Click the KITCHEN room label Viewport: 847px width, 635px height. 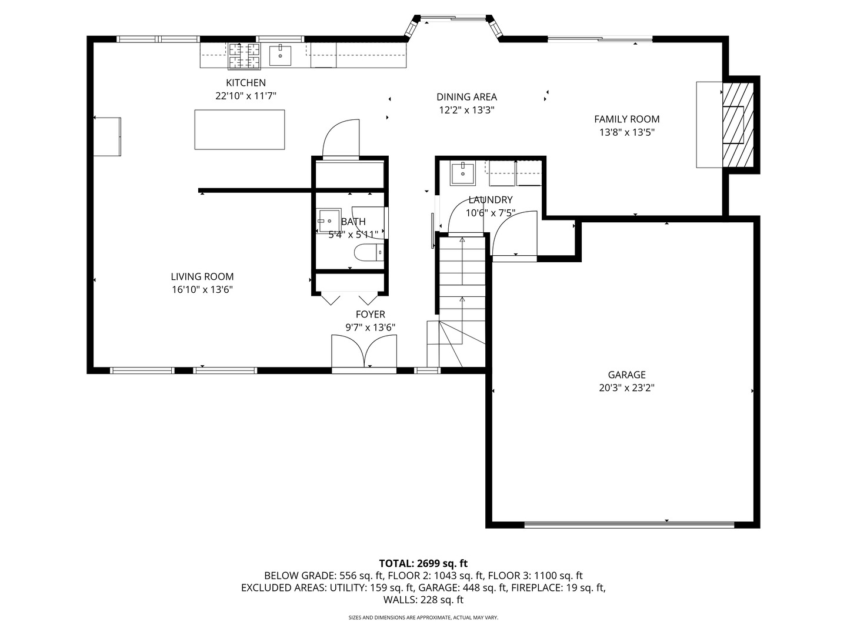[x=246, y=83]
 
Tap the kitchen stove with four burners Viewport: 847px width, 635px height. [x=244, y=56]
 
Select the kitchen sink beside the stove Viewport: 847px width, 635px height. [x=280, y=55]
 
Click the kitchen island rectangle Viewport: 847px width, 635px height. [x=239, y=129]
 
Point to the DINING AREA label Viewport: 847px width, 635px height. [x=466, y=97]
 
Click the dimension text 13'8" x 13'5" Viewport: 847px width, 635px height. [x=626, y=133]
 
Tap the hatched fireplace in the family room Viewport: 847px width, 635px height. [x=738, y=125]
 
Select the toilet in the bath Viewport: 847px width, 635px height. [x=369, y=253]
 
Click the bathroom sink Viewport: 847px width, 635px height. [x=329, y=220]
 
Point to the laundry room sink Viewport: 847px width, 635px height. [x=463, y=173]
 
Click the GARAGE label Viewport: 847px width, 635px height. [x=626, y=375]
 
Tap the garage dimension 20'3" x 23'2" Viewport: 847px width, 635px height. [x=626, y=388]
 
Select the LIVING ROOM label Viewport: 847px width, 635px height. [x=202, y=276]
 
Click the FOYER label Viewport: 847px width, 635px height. [x=371, y=314]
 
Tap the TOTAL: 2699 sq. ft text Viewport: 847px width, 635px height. [x=423, y=564]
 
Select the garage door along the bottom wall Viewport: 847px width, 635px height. [x=629, y=524]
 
